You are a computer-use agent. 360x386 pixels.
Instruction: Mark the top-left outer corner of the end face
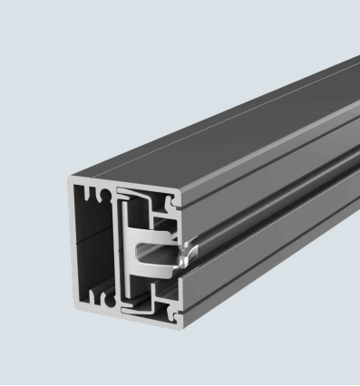point(69,179)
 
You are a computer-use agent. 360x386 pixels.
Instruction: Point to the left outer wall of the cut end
point(72,245)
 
